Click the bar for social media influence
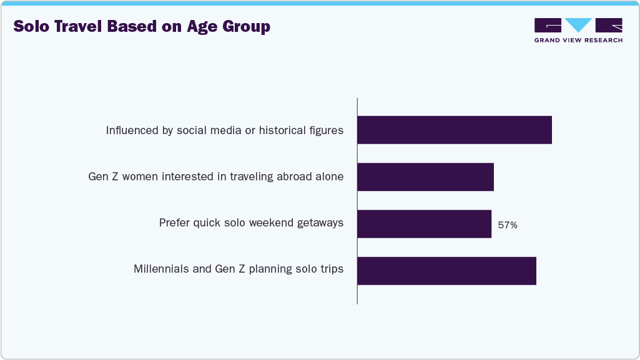454,130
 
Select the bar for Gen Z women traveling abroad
425,177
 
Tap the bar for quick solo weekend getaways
424,224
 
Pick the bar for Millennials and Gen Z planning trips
446,271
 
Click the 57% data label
507,225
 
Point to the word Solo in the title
31,27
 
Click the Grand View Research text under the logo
578,41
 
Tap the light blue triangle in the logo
578,25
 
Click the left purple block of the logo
548,25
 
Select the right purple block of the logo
609,25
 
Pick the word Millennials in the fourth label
161,270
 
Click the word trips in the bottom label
331,270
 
